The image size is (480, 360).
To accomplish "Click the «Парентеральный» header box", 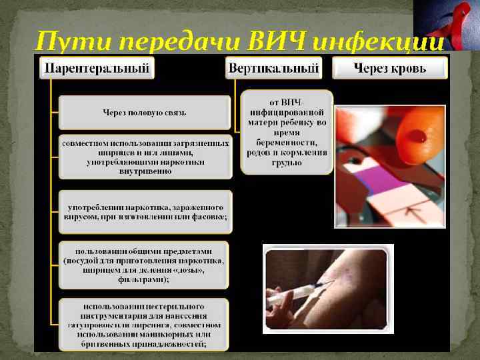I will click(97, 68).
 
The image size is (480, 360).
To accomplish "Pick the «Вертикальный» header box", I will click(274, 68).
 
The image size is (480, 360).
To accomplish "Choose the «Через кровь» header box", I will click(389, 68).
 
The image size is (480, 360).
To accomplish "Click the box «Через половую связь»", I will click(145, 113).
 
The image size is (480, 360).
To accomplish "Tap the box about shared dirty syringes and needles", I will click(145, 157).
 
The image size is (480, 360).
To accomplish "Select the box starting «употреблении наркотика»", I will click(145, 211).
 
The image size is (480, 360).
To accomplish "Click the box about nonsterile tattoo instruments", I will click(145, 325).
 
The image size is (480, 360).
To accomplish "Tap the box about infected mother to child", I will click(287, 132).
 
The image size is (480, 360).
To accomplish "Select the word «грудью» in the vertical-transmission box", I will click(287, 163).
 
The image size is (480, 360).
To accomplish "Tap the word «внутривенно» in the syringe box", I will click(145, 171).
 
